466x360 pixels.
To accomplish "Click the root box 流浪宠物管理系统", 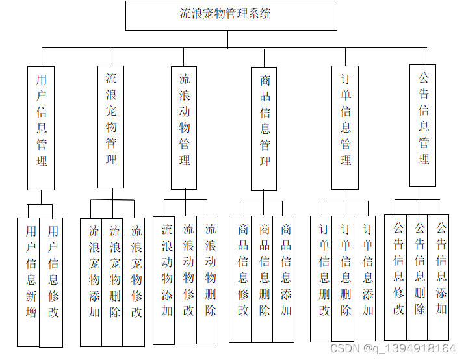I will [x=231, y=15].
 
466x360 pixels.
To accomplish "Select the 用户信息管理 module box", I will [x=41, y=128].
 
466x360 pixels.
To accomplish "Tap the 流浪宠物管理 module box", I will [x=111, y=127].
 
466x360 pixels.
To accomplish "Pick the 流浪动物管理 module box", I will [x=185, y=127].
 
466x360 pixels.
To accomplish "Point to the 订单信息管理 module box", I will [x=345, y=127].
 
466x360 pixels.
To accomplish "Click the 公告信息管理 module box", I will [x=423, y=125].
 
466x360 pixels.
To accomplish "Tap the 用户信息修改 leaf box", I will [x=52, y=282].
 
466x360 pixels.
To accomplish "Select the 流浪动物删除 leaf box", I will [x=208, y=279].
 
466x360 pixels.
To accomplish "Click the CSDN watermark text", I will [x=393, y=349].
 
